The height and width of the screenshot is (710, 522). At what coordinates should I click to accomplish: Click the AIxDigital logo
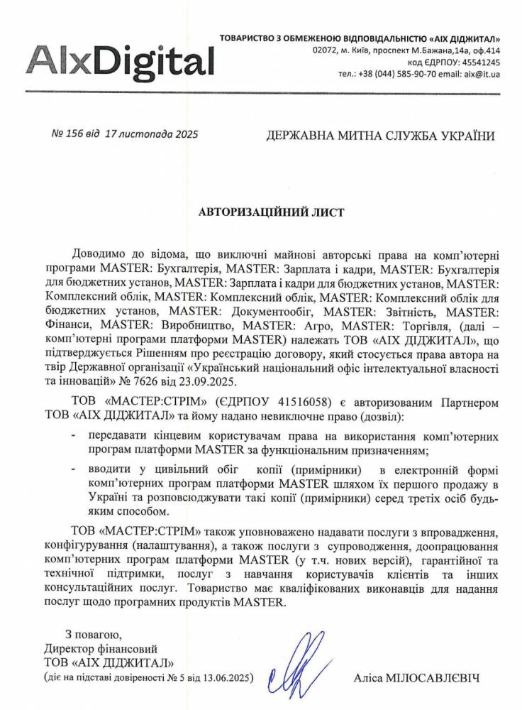121,59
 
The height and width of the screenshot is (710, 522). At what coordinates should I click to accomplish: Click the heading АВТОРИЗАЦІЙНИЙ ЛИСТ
261,212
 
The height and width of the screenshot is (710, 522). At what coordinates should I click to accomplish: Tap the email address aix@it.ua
482,74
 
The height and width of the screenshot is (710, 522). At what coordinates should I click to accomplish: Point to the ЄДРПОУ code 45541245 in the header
482,62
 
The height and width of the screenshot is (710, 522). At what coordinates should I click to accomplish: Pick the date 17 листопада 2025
151,134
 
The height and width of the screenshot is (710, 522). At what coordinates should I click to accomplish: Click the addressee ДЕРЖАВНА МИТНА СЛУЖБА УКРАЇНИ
380,136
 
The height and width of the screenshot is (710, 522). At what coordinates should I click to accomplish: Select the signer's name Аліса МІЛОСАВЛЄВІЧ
416,678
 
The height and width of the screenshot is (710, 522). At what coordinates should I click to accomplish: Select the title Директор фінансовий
100,648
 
